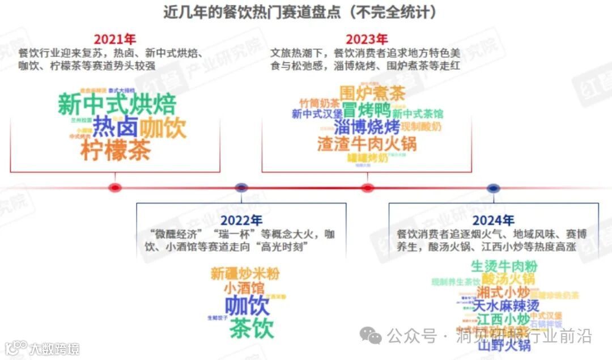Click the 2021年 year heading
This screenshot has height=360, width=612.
point(114,40)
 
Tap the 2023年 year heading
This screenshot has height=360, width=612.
point(367,40)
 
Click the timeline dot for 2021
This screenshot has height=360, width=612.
point(115,188)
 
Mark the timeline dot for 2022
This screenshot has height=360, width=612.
point(241,188)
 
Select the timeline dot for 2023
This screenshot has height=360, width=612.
point(367,188)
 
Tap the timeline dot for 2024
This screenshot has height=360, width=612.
point(493,188)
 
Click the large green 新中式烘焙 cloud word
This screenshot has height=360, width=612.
point(117,105)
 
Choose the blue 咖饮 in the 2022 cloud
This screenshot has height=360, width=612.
point(247,306)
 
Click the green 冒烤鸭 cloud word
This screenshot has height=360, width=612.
point(366,109)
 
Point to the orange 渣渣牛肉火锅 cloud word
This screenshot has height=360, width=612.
point(367,143)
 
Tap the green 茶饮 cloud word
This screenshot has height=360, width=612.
point(252,328)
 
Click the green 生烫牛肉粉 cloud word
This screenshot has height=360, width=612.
point(504,266)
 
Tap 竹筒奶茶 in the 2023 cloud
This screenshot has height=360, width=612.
point(320,104)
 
